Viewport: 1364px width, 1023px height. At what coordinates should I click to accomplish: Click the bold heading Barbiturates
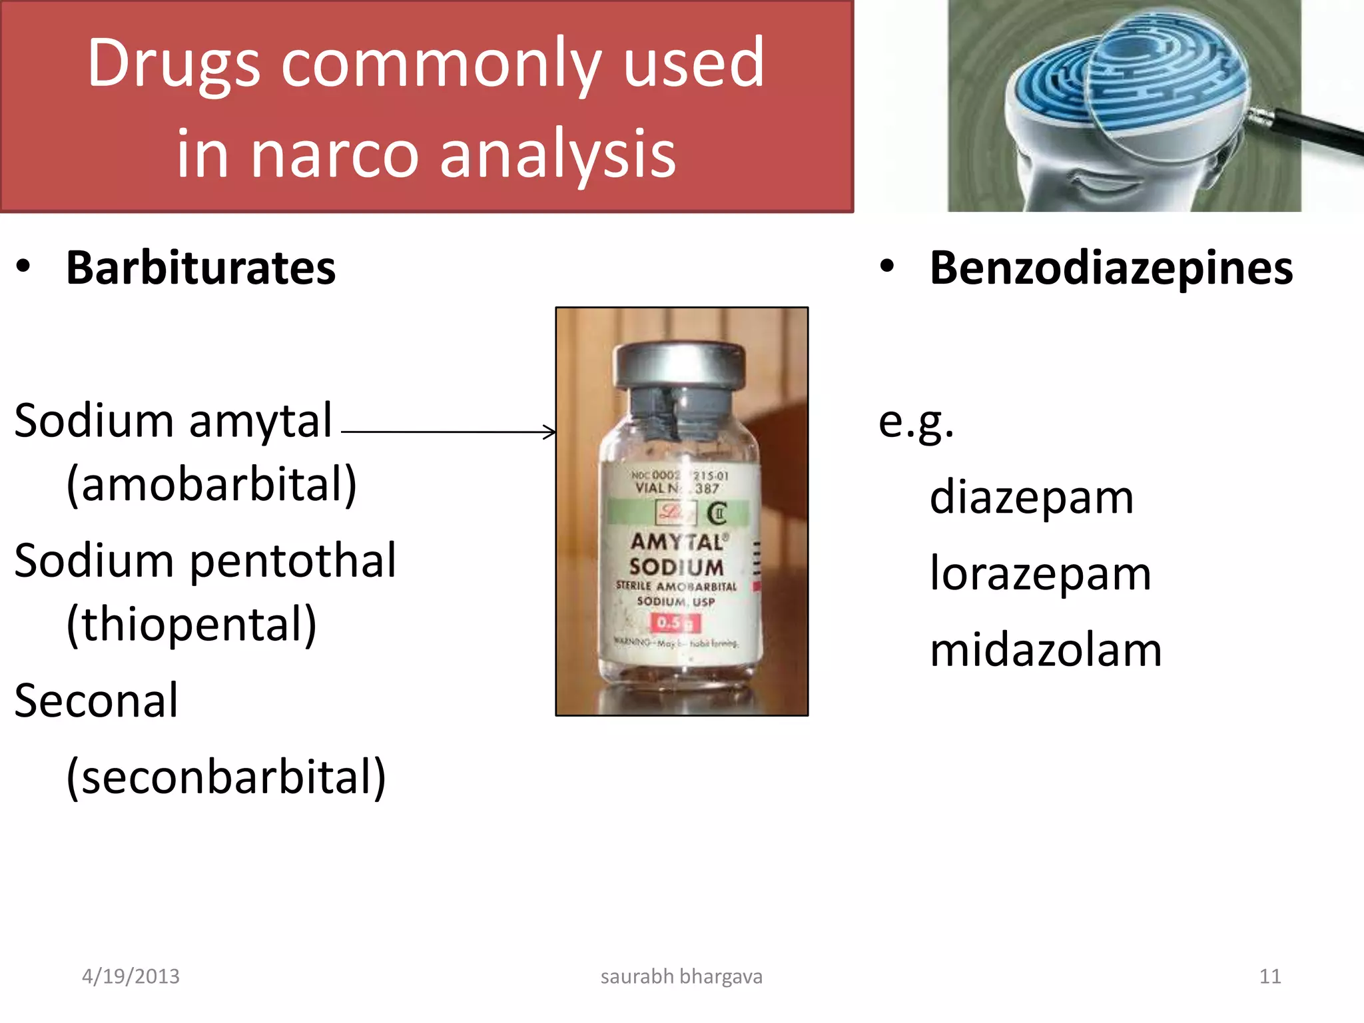click(200, 268)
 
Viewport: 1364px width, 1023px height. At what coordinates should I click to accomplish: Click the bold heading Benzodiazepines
click(1111, 268)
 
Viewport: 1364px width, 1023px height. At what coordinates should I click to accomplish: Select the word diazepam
click(1031, 498)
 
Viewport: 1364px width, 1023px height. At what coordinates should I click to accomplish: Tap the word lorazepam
click(1040, 573)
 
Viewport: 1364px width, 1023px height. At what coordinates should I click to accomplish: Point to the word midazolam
click(1046, 650)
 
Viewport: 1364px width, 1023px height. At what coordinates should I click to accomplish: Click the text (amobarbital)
click(212, 484)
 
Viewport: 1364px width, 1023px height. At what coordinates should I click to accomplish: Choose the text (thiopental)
click(192, 624)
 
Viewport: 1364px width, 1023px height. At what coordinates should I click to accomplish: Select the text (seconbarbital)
click(226, 777)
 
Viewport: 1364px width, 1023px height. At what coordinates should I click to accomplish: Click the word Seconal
click(97, 701)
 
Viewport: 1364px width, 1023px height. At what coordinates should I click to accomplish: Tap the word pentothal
click(293, 561)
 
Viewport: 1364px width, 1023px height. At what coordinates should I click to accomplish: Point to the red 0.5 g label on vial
click(675, 623)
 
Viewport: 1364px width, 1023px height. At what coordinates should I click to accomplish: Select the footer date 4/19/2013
click(131, 976)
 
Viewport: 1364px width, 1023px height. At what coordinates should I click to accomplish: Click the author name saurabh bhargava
click(681, 976)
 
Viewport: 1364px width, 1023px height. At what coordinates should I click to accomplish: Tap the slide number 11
click(1270, 976)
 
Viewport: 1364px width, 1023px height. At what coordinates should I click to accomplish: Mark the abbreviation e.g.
click(916, 423)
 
